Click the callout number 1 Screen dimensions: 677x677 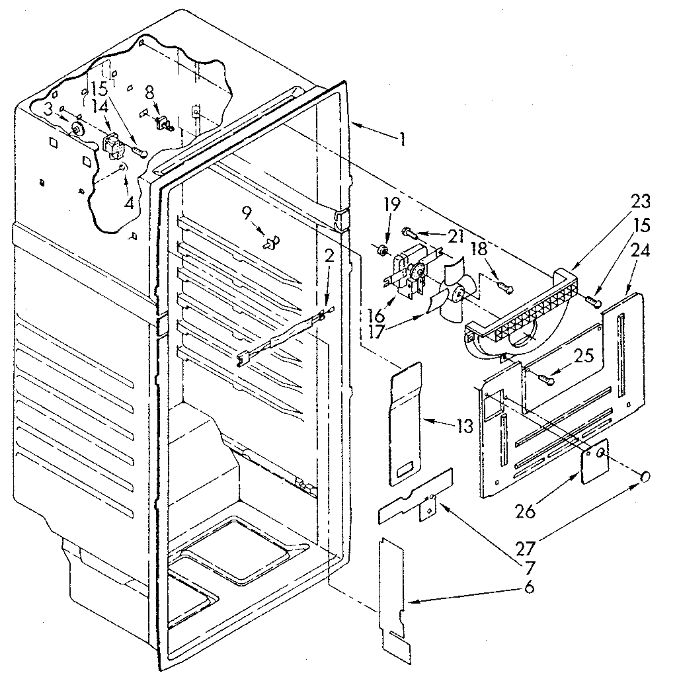tap(401, 140)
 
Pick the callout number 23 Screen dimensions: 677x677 tap(623, 201)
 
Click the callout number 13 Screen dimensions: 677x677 tap(465, 426)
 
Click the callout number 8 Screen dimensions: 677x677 tap(149, 93)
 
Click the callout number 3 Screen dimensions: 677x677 tap(49, 108)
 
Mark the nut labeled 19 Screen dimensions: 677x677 tap(381, 251)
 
